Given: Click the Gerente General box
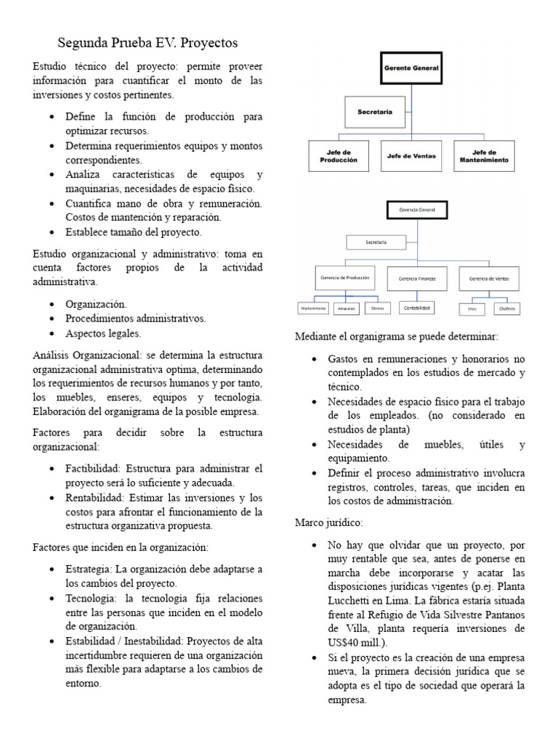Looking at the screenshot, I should (x=412, y=68).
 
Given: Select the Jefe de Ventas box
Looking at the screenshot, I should (x=411, y=156).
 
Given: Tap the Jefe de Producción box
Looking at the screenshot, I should (x=338, y=156).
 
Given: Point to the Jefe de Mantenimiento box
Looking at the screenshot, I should (x=485, y=156).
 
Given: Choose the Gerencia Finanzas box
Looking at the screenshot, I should (x=412, y=279).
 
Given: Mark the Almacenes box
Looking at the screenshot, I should (x=346, y=308).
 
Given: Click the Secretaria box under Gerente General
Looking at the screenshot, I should (x=375, y=112).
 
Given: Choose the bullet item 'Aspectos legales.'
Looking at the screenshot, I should (x=103, y=334).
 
